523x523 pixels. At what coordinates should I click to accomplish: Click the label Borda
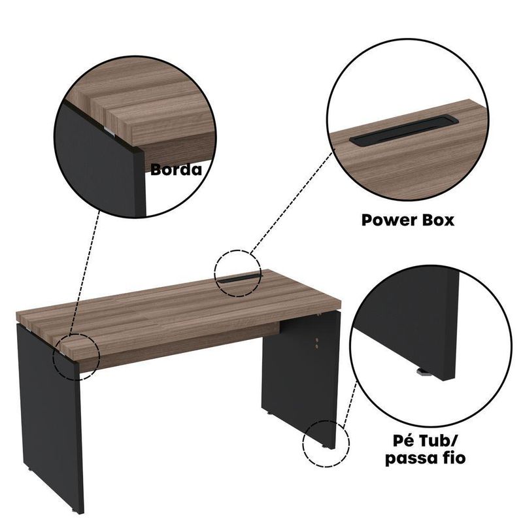point(176,169)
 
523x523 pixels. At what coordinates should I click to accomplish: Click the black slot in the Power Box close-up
point(404,130)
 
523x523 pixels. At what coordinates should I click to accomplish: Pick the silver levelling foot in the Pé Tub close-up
point(422,371)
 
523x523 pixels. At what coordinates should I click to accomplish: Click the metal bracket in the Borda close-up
point(109,131)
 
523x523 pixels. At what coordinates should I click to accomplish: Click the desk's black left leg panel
point(50,417)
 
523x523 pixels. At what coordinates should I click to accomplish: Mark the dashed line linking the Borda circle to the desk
point(84,271)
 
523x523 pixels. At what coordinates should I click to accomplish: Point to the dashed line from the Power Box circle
point(292,203)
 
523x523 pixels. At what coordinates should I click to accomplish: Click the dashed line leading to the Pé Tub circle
point(350,405)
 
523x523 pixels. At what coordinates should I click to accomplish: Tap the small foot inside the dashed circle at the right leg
point(324,447)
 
